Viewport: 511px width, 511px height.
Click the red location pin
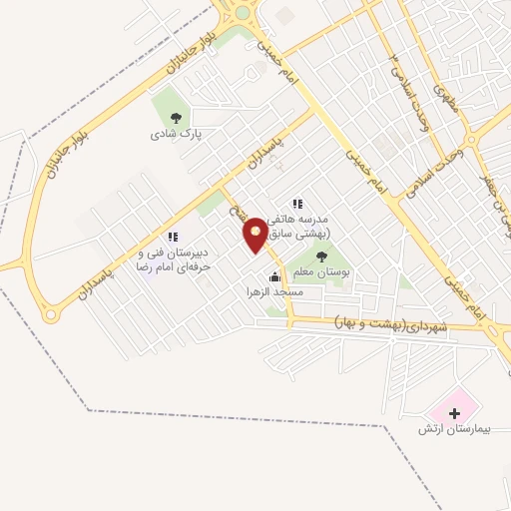[255, 236]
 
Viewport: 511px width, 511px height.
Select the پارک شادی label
[176, 133]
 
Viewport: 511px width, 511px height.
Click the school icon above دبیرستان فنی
[173, 237]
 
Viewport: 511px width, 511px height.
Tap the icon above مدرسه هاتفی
[296, 204]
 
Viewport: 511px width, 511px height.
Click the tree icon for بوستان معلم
[319, 256]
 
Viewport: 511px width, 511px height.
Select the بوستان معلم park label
[319, 272]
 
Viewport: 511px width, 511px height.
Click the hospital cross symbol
[454, 412]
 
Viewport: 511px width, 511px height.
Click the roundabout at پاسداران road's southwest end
[50, 314]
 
